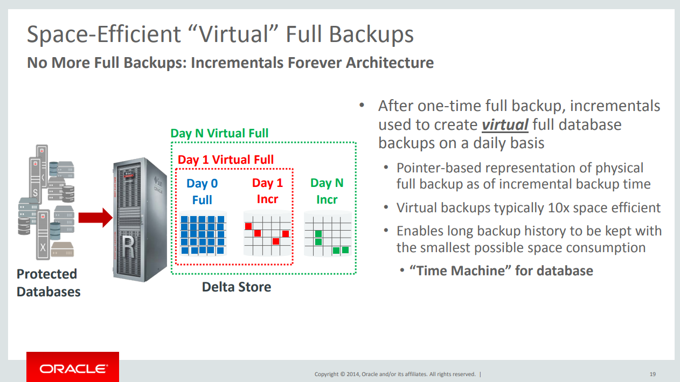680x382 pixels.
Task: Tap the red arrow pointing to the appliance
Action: [95, 218]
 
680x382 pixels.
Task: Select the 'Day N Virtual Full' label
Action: [219, 133]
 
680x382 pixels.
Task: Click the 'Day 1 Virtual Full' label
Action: [226, 159]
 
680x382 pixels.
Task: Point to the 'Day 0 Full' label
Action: [202, 192]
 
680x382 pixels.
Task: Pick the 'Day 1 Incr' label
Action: [267, 191]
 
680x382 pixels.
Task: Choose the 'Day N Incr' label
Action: [327, 191]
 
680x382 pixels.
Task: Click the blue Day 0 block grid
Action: [203, 234]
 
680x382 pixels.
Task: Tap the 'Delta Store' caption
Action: [237, 287]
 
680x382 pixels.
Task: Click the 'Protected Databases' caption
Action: [48, 283]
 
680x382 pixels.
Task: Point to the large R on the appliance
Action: [128, 247]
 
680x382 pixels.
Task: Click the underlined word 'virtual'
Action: [505, 125]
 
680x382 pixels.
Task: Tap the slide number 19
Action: [653, 374]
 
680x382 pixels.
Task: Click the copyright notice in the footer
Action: [395, 374]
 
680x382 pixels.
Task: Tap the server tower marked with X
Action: [43, 235]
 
